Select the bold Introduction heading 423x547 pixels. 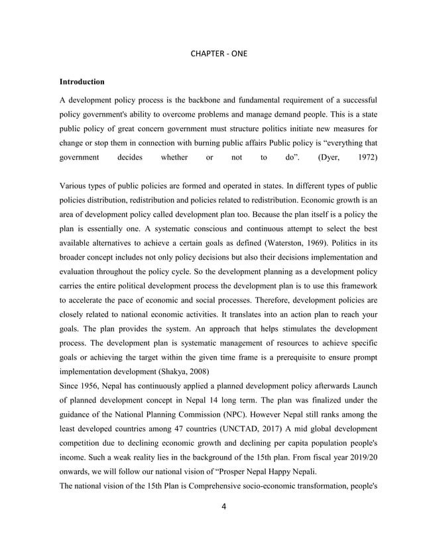click(x=82, y=82)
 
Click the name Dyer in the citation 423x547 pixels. click(x=330, y=158)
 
